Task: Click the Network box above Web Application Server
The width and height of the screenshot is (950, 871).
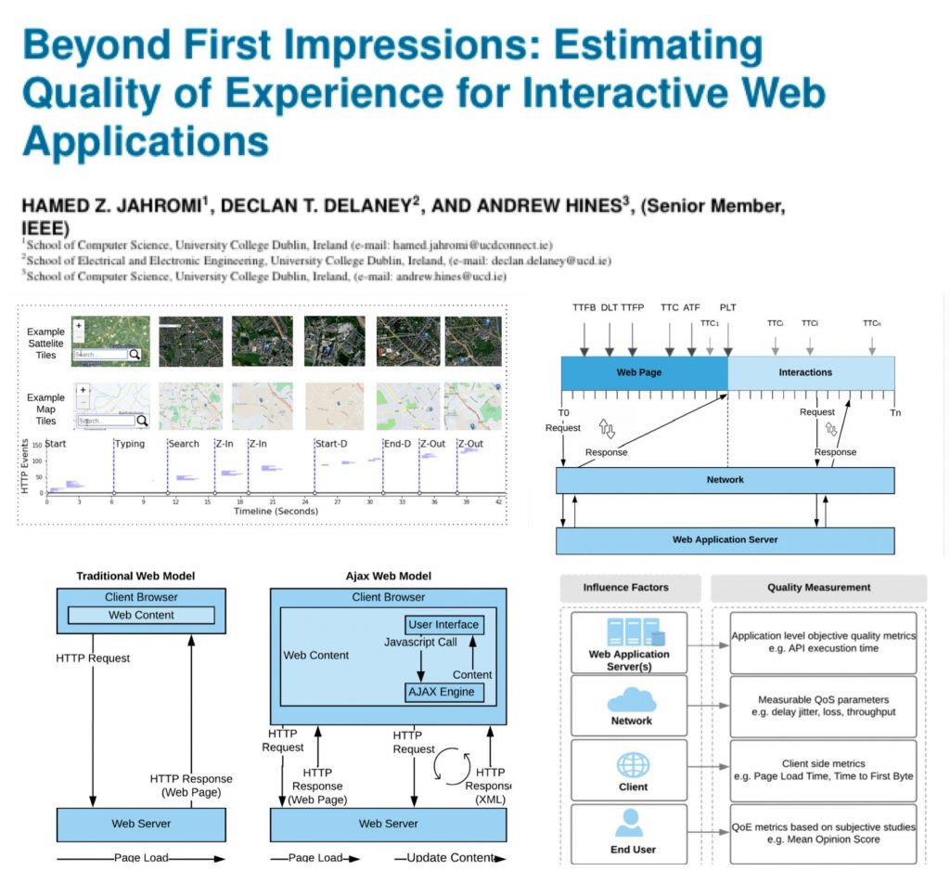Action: point(725,480)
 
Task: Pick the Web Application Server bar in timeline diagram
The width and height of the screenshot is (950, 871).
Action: point(725,539)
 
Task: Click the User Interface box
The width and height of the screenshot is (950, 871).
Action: point(443,625)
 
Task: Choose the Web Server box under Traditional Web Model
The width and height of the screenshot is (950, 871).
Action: point(141,824)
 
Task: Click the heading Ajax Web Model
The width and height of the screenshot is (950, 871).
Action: point(389,577)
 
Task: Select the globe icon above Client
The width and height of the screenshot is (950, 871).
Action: point(631,763)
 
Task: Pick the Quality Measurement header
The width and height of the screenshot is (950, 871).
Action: point(818,587)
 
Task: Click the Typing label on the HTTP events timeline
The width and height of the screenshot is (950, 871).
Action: point(130,444)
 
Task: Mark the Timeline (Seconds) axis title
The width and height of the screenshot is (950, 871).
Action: point(276,511)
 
